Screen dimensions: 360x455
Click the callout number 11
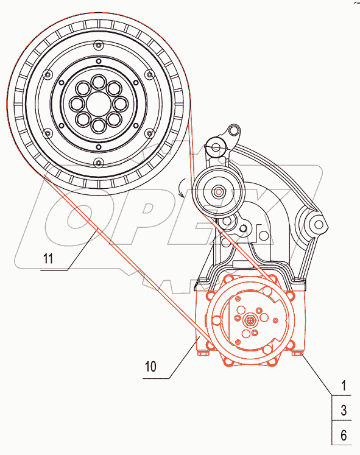pyautogui.click(x=48, y=258)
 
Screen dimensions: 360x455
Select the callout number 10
pyautogui.click(x=150, y=367)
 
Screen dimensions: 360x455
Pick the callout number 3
pyautogui.click(x=344, y=411)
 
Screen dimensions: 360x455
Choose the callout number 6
pyautogui.click(x=344, y=436)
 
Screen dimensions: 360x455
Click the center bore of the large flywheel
pyautogui.click(x=99, y=104)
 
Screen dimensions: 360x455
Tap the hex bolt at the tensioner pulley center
pyautogui.click(x=219, y=191)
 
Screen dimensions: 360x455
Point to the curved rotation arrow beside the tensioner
pyautogui.click(x=182, y=188)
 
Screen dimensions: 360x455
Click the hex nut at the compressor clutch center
pyautogui.click(x=250, y=320)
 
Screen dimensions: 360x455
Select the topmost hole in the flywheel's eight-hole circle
pyautogui.click(x=99, y=82)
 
